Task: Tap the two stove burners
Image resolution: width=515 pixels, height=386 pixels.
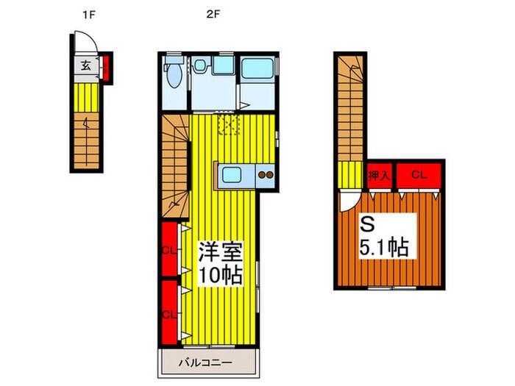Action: pyautogui.click(x=265, y=176)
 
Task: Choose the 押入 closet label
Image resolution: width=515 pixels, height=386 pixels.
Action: pyautogui.click(x=378, y=176)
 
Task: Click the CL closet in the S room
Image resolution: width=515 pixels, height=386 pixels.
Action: pyautogui.click(x=419, y=175)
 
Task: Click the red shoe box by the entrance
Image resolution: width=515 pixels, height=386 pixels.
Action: pyautogui.click(x=106, y=69)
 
